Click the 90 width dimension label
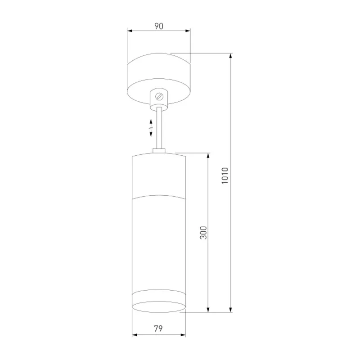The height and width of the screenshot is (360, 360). pyautogui.click(x=159, y=26)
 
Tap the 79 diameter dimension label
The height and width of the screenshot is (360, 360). pyautogui.click(x=158, y=328)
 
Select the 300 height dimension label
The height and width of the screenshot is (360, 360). pyautogui.click(x=203, y=233)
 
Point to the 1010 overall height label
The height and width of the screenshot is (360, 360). pyautogui.click(x=225, y=175)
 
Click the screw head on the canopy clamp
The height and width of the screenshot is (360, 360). pyautogui.click(x=159, y=96)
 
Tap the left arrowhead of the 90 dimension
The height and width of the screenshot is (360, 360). pyautogui.click(x=130, y=31)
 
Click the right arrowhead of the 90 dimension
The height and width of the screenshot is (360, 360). pyautogui.click(x=188, y=31)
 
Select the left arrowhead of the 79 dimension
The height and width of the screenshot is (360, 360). pyautogui.click(x=135, y=335)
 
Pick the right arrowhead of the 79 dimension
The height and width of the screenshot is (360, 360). pyautogui.click(x=183, y=335)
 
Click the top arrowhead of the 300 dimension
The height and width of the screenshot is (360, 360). pyautogui.click(x=208, y=156)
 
